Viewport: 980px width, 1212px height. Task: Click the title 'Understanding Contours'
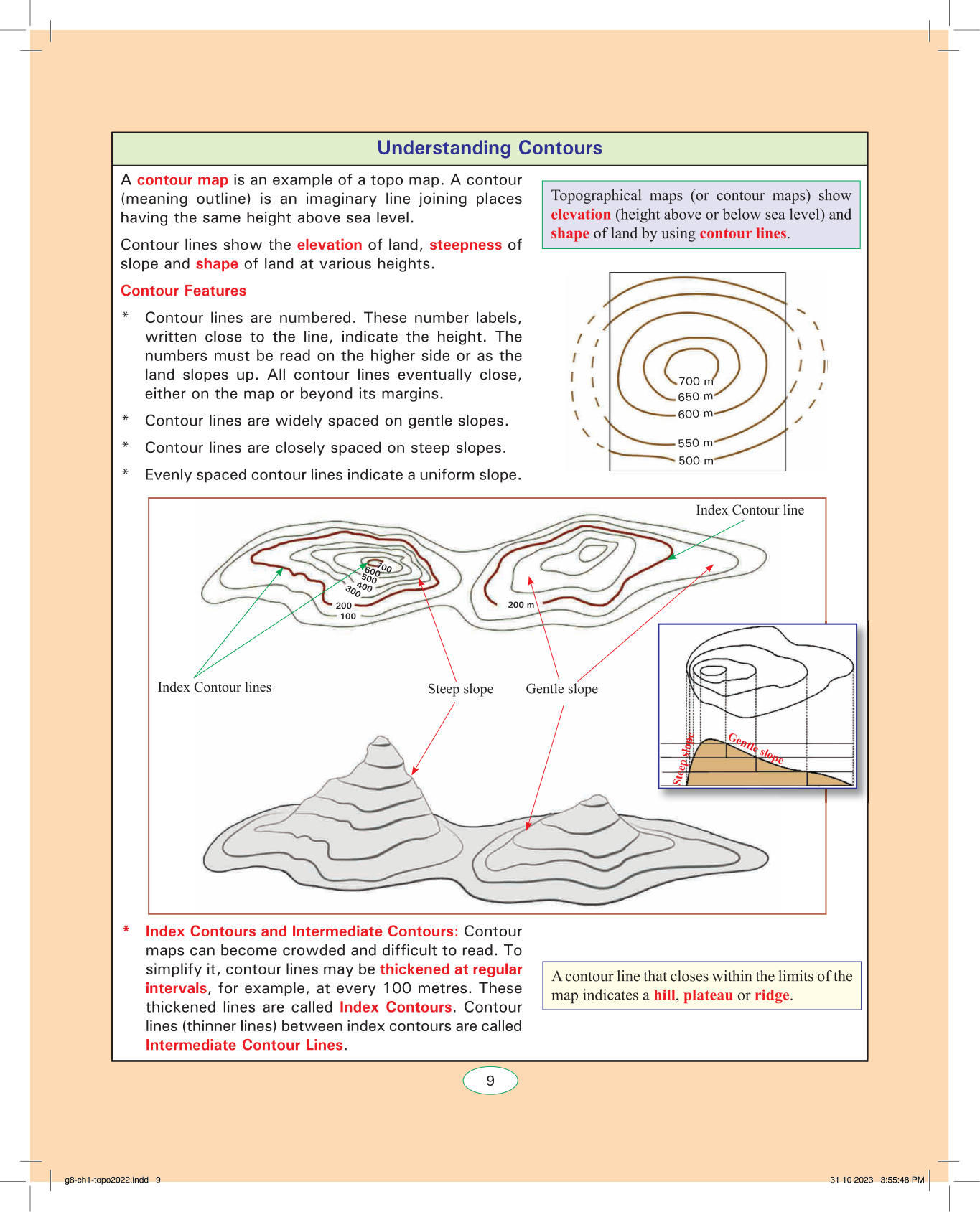point(490,148)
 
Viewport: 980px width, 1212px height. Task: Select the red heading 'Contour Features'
point(183,291)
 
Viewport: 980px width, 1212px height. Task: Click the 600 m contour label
point(695,414)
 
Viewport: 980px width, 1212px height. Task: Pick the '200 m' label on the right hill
point(521,605)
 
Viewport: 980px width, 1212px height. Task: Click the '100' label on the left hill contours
point(348,616)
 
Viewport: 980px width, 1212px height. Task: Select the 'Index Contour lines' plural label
point(215,687)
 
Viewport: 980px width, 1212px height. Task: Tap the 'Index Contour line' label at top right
point(750,510)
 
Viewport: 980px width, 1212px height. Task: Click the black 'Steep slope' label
point(460,689)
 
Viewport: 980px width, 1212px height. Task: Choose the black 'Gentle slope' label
point(561,689)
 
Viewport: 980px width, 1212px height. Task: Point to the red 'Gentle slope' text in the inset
point(755,748)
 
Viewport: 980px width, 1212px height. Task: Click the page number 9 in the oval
point(490,1081)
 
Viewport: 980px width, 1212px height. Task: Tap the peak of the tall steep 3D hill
point(381,738)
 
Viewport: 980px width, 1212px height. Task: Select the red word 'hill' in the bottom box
point(664,995)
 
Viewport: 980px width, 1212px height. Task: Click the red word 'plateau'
point(708,995)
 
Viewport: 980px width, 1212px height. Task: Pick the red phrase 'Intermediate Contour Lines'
point(244,1045)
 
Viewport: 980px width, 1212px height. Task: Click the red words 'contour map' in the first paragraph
point(182,180)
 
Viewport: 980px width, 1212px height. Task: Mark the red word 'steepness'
point(465,245)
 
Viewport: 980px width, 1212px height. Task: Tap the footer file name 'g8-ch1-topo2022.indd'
point(106,1180)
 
